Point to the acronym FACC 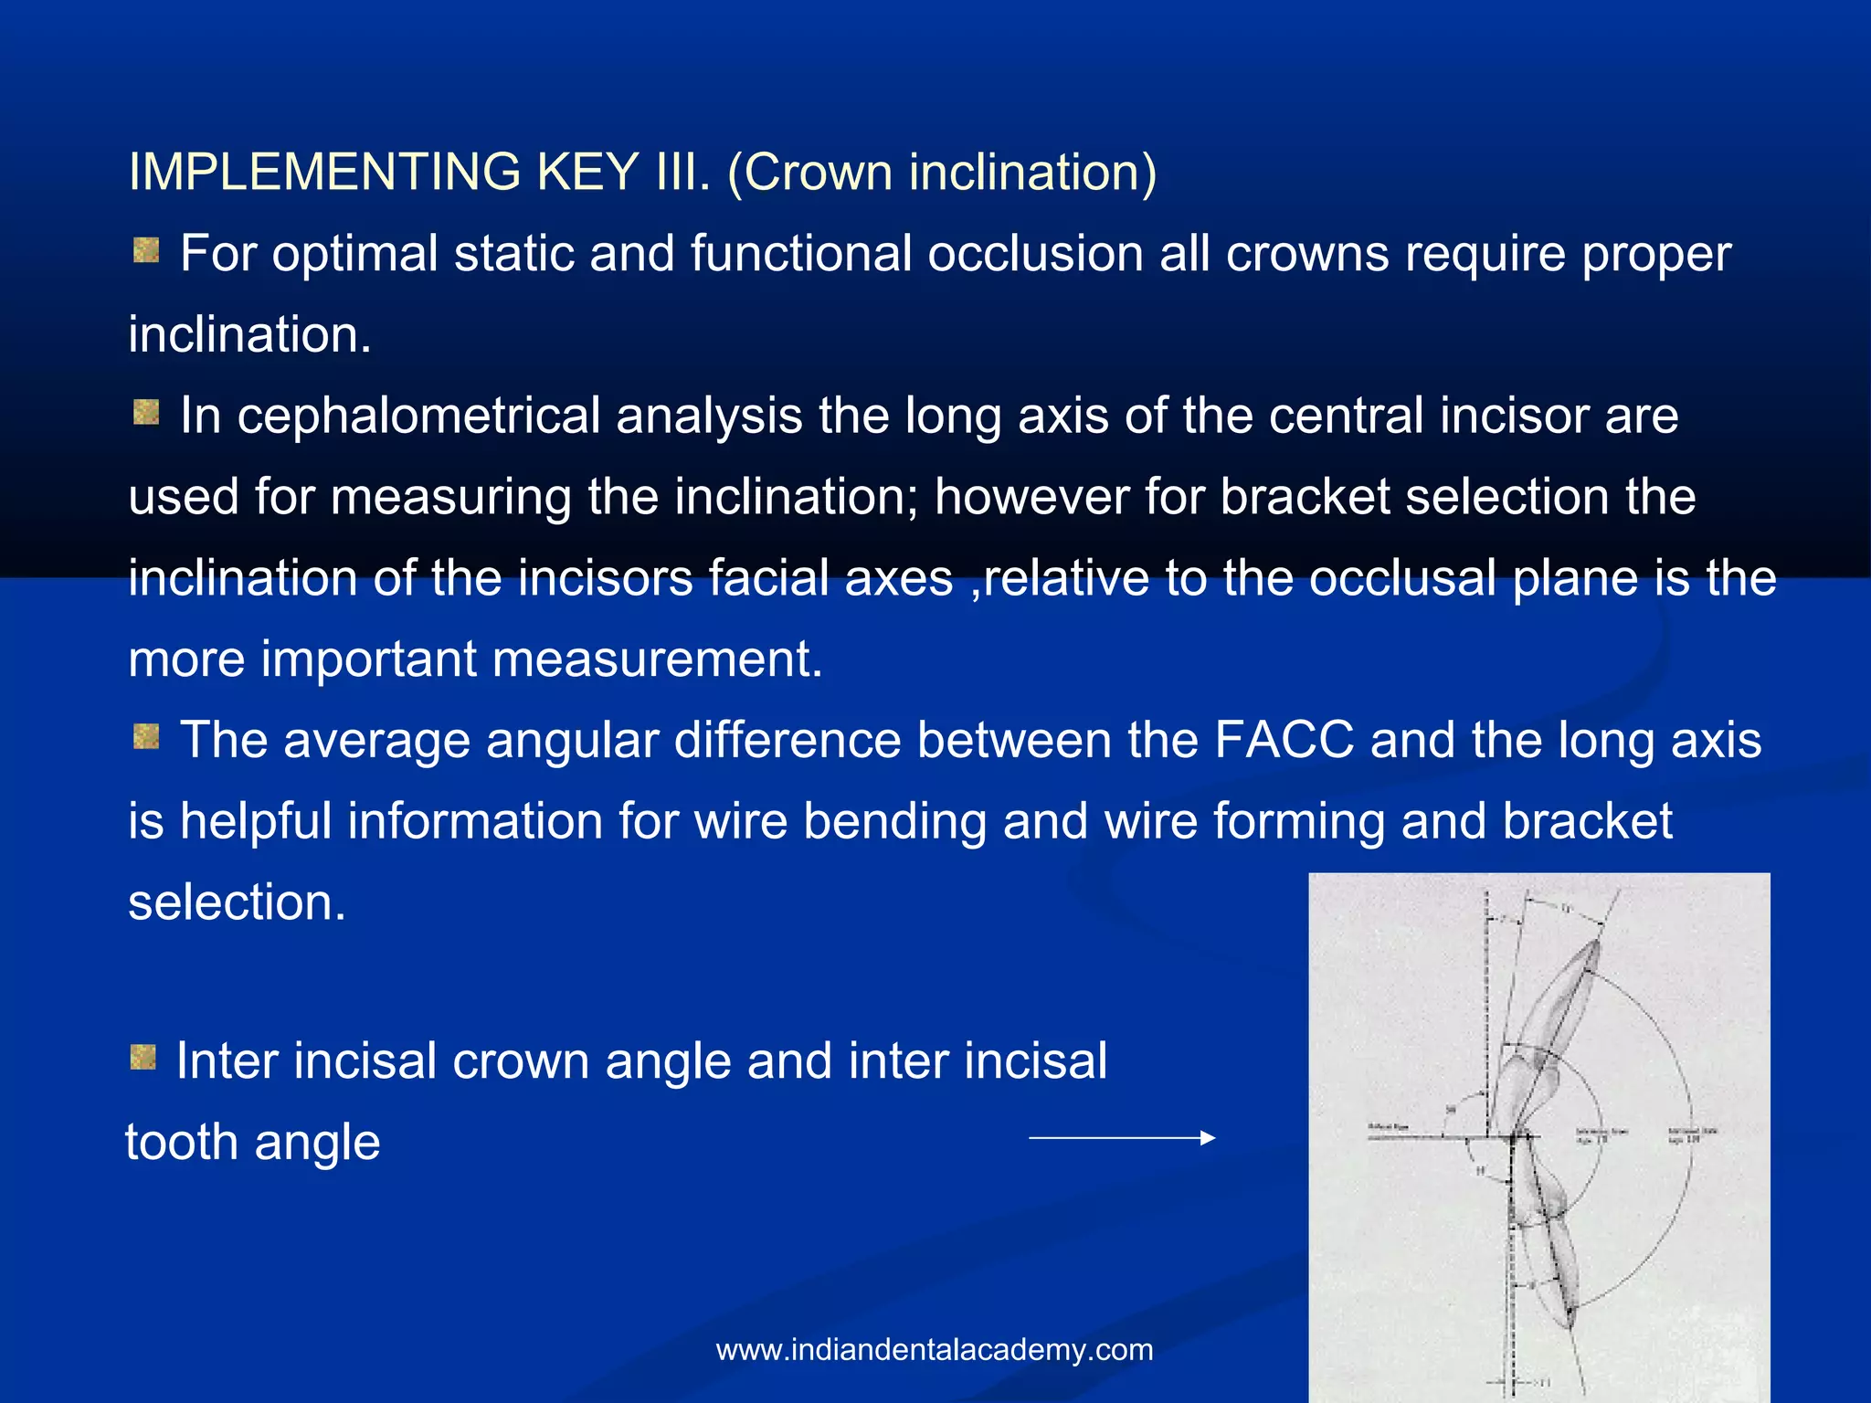tap(1284, 740)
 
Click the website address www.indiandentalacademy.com tap(935, 1350)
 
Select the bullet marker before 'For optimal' tap(146, 249)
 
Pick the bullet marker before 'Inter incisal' tap(143, 1058)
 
